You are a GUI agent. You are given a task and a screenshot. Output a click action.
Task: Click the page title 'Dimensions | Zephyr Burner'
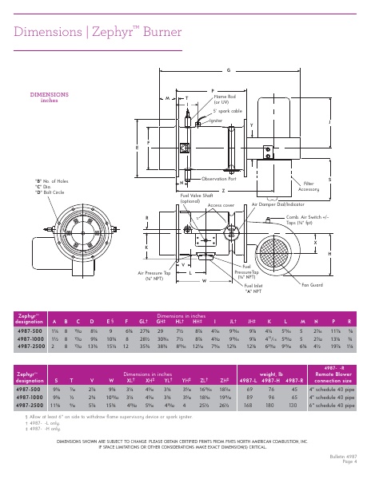click(x=94, y=32)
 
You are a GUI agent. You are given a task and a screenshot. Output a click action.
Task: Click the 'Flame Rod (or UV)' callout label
click(x=225, y=100)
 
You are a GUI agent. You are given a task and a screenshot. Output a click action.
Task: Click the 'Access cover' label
click(x=221, y=205)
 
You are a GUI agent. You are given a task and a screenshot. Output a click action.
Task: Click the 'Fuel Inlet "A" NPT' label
click(x=253, y=287)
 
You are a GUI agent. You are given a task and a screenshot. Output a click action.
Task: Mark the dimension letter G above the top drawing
click(x=229, y=70)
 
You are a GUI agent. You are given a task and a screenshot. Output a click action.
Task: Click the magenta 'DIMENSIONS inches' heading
click(x=49, y=97)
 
